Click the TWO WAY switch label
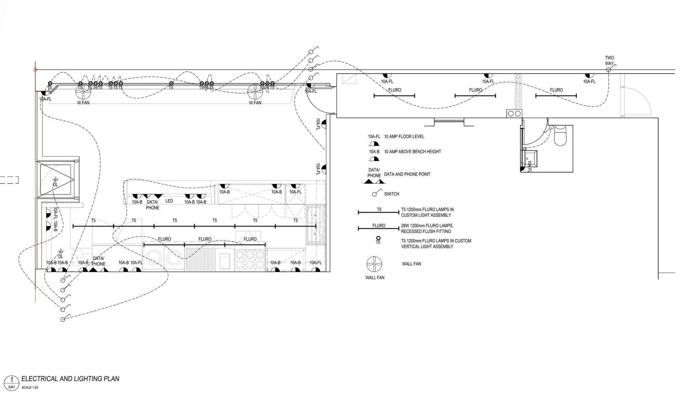[x=609, y=60]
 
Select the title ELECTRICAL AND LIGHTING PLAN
[x=70, y=379]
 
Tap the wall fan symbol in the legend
[x=374, y=264]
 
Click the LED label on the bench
[x=169, y=201]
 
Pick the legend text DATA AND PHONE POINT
[x=407, y=174]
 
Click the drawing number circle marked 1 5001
[x=12, y=382]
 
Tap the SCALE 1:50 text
[x=30, y=387]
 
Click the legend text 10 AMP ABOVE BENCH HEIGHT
[x=412, y=151]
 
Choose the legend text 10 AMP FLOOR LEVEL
[x=404, y=136]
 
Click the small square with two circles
[x=514, y=113]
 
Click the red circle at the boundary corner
[x=35, y=70]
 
